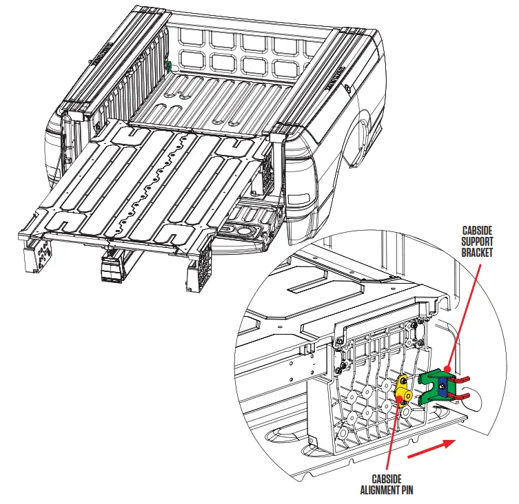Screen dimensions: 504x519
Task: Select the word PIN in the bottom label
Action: point(409,490)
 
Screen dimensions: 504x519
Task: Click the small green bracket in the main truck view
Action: point(167,66)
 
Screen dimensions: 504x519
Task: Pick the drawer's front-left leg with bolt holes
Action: point(36,256)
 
